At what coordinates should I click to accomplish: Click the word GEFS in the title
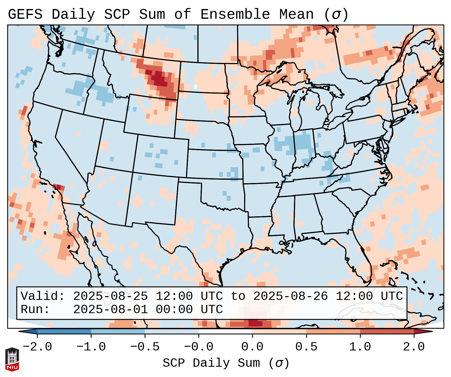25,14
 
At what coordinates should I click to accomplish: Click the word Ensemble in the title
235,14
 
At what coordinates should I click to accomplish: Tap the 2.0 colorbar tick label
414,347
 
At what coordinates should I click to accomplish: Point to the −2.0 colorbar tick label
37,347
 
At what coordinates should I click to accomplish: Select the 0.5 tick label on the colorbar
306,347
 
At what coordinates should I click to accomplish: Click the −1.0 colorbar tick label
91,347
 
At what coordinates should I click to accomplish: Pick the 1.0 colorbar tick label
360,347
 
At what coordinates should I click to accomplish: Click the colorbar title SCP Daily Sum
211,363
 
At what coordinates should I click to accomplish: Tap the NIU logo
12,359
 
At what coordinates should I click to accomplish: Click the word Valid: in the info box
43,296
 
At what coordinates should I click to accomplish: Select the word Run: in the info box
35,309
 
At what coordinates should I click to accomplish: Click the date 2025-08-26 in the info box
290,296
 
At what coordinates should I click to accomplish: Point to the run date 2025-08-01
110,309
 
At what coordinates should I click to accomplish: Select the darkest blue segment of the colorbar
64,331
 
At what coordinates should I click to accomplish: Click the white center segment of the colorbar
225,331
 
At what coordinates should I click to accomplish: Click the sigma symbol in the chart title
336,14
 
